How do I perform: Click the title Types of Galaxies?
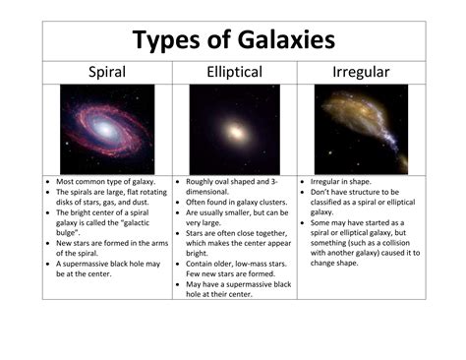tap(234, 39)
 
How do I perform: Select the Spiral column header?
tap(106, 72)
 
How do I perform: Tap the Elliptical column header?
tap(234, 72)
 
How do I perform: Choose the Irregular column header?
tap(362, 72)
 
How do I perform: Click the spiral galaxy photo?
tap(106, 129)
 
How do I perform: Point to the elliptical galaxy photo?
tap(234, 129)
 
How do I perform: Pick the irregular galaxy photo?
tap(361, 129)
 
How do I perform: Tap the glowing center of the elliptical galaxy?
tap(234, 130)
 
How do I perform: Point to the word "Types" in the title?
tap(165, 39)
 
